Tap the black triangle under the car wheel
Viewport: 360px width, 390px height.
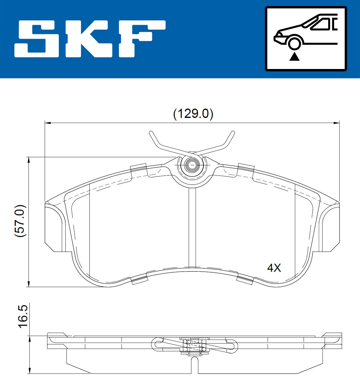coord(295,56)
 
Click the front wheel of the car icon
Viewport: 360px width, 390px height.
coord(294,43)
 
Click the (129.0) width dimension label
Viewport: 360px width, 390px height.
coord(193,114)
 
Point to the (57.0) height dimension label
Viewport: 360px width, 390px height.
coord(20,221)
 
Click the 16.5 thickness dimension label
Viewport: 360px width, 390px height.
coord(23,317)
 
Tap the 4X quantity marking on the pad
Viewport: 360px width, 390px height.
coord(274,268)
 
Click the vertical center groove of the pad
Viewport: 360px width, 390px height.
coord(192,228)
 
